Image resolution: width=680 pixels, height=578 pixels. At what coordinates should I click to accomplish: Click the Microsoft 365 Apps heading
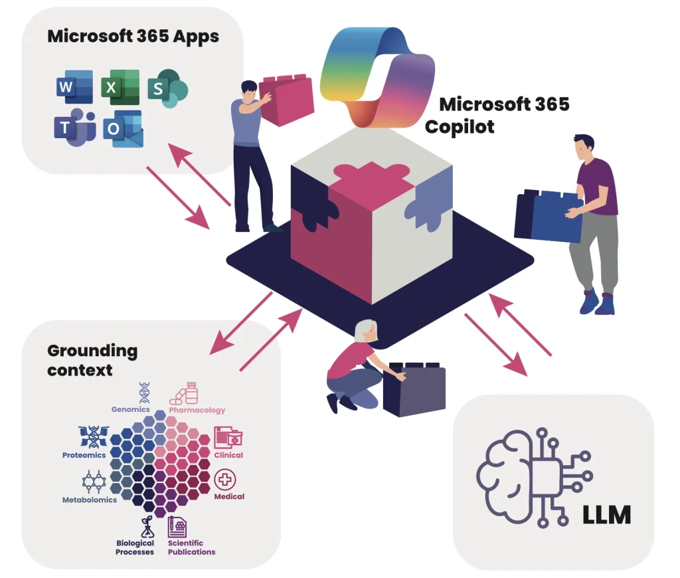pos(133,36)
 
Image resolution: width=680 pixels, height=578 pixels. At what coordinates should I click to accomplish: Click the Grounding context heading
pos(92,359)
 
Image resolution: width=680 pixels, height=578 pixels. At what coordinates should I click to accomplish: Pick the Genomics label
pos(131,409)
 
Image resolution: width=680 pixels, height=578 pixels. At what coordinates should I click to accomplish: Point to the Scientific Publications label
pos(191,547)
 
